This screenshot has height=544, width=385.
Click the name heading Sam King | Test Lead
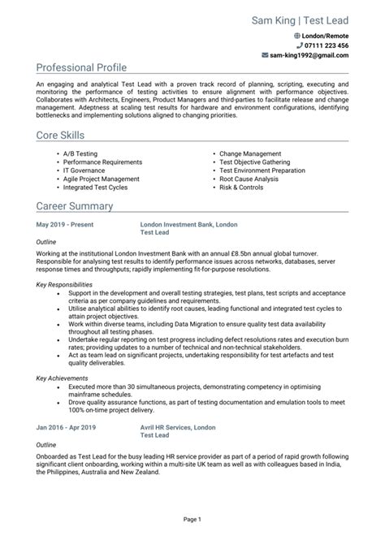point(300,19)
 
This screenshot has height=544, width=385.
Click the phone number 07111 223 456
point(327,46)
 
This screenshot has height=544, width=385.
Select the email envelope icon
point(265,56)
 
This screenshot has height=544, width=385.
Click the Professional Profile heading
point(81,67)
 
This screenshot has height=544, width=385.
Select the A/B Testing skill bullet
point(80,153)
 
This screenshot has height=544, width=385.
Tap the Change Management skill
point(249,153)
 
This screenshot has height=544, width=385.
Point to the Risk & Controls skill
point(240,187)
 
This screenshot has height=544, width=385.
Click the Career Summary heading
point(72,205)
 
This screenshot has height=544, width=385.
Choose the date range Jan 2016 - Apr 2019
point(66,426)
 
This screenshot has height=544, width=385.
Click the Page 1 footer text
point(192,518)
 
